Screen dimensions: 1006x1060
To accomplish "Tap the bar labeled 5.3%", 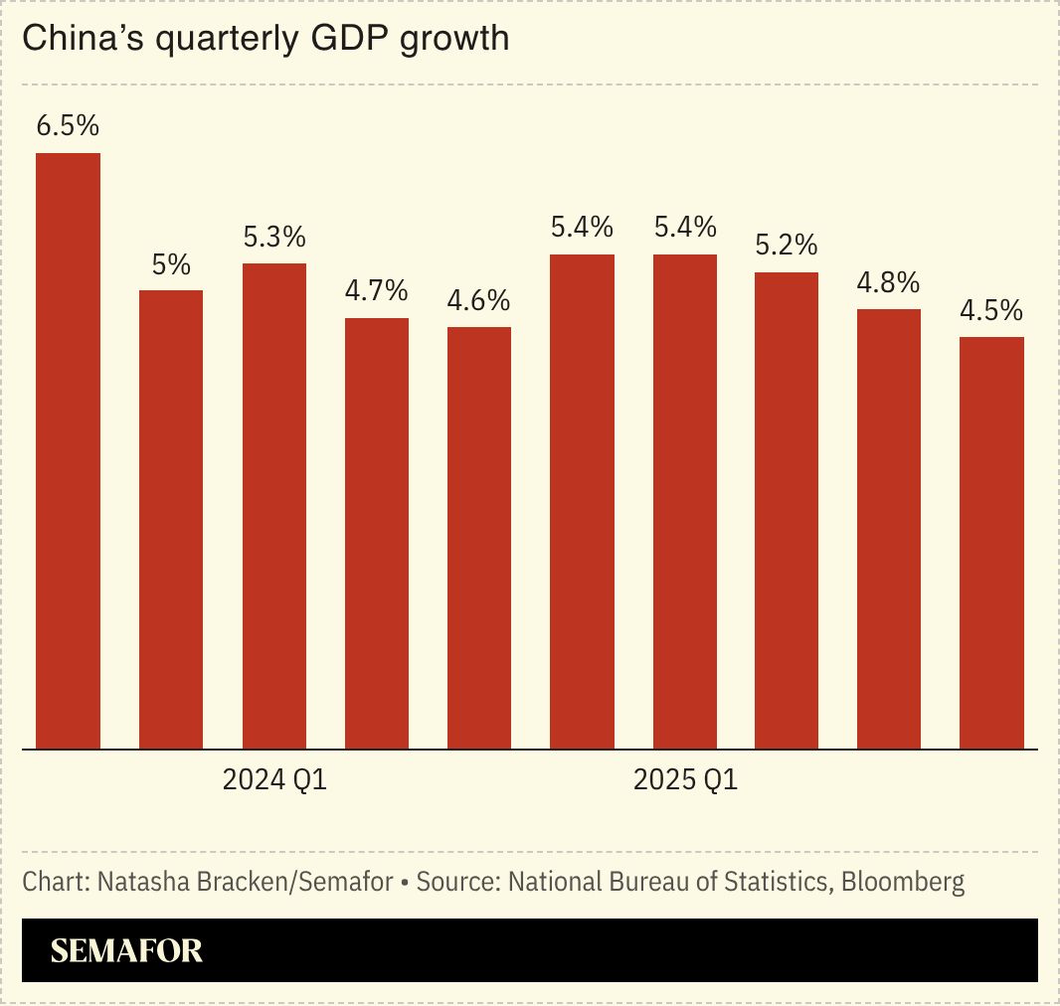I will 274,506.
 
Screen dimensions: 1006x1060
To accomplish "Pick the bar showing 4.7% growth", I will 377,533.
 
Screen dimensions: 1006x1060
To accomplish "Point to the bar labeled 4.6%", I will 479,538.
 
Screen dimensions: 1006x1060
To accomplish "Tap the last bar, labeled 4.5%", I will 991,543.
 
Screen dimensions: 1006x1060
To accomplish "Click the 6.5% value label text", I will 68,127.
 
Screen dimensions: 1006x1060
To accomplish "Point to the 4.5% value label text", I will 991,311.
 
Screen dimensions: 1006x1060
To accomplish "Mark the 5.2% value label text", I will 787,246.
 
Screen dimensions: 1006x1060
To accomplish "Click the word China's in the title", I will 81,40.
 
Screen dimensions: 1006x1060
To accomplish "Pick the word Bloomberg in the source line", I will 903,882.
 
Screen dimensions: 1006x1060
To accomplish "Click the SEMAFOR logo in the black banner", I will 126,951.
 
